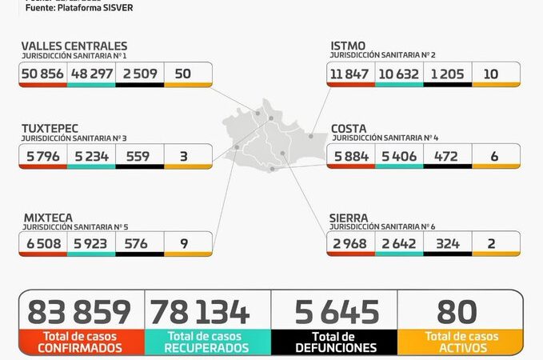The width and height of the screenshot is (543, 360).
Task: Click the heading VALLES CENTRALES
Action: pyautogui.click(x=74, y=46)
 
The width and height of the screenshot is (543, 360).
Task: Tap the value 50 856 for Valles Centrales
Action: pyautogui.click(x=44, y=73)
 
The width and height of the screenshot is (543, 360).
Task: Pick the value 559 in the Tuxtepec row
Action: pyautogui.click(x=139, y=155)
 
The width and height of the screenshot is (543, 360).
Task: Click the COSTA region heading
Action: pyautogui.click(x=349, y=128)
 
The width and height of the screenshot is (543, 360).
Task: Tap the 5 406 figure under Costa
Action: pyautogui.click(x=399, y=155)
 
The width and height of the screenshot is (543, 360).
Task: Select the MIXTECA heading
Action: pyautogui.click(x=47, y=217)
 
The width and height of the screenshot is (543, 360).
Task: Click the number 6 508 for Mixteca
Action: pyautogui.click(x=43, y=243)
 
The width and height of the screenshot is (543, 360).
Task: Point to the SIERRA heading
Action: pyautogui.click(x=349, y=217)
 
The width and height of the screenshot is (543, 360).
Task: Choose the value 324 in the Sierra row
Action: pyautogui.click(x=447, y=243)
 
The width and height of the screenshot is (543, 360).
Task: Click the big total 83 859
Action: pyautogui.click(x=79, y=312)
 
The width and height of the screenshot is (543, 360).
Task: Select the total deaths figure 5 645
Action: pyautogui.click(x=336, y=312)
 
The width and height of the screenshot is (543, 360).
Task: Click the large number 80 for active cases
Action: pyautogui.click(x=457, y=312)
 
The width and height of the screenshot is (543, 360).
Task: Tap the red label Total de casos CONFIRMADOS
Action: pyautogui.click(x=79, y=342)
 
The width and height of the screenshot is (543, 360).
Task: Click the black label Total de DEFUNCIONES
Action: pyautogui.click(x=335, y=342)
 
